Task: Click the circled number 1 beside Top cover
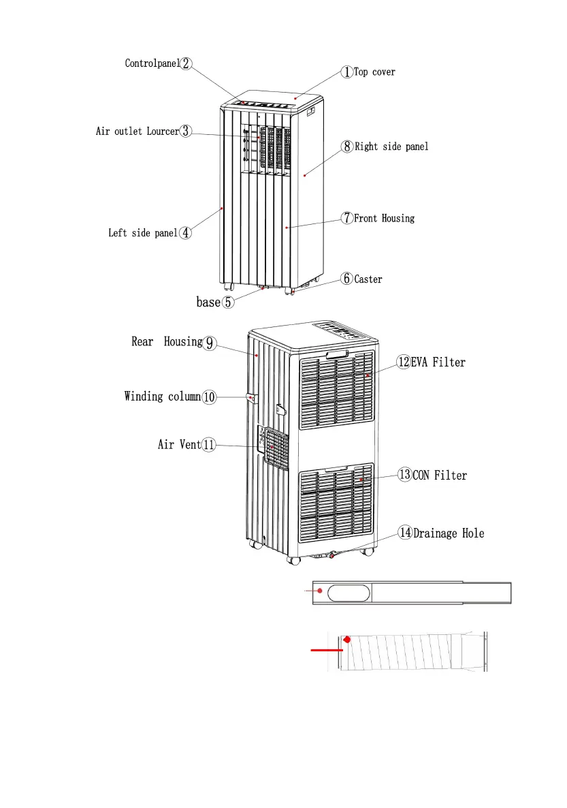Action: (x=346, y=72)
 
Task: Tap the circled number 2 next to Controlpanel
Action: (x=186, y=63)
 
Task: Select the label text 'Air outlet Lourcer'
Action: (x=137, y=131)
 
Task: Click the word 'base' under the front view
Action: (x=208, y=302)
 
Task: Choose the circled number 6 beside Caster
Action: (x=347, y=279)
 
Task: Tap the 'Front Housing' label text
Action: (x=384, y=218)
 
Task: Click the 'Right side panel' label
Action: (x=391, y=146)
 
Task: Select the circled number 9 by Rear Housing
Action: (x=210, y=343)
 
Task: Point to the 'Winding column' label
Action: (x=163, y=397)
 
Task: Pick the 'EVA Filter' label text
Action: (x=438, y=362)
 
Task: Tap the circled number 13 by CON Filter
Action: (x=404, y=475)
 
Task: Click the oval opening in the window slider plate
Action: (x=348, y=593)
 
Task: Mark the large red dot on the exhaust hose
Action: (x=348, y=640)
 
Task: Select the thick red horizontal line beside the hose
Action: (x=327, y=650)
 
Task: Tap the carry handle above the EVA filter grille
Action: (x=337, y=355)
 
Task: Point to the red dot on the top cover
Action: (x=295, y=98)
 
